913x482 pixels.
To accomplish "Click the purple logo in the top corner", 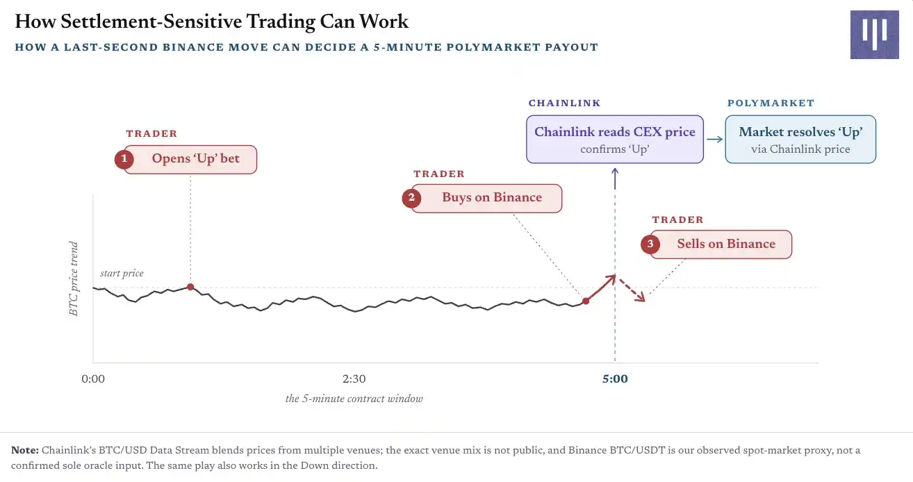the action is coord(874,35).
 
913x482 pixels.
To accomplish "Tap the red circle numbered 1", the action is coord(124,159).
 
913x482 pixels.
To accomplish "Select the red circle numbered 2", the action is coord(411,198).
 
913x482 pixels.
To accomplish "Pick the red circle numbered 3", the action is coord(650,244).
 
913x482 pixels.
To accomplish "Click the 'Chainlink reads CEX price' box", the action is coord(615,140).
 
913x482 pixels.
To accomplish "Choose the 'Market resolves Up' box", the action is coord(800,140).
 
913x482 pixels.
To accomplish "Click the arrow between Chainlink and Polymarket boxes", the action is coord(714,140).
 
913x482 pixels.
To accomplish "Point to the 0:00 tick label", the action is coord(93,379).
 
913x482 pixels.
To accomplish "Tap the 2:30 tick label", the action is coord(354,379).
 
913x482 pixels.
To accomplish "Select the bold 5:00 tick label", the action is coord(615,379).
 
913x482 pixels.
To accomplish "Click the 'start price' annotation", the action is coord(122,273).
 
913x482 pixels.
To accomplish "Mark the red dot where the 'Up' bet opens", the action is coord(190,287).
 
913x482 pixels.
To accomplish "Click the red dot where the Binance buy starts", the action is coord(586,301).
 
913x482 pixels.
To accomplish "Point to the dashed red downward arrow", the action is coord(632,290).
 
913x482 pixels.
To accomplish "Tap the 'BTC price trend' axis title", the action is coord(74,279).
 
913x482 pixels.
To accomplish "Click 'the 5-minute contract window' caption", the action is coord(354,399).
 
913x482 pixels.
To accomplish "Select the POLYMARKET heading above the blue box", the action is coord(771,103).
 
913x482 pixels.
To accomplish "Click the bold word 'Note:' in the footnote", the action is coord(25,450).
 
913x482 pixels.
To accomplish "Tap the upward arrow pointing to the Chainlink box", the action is coord(615,178).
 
